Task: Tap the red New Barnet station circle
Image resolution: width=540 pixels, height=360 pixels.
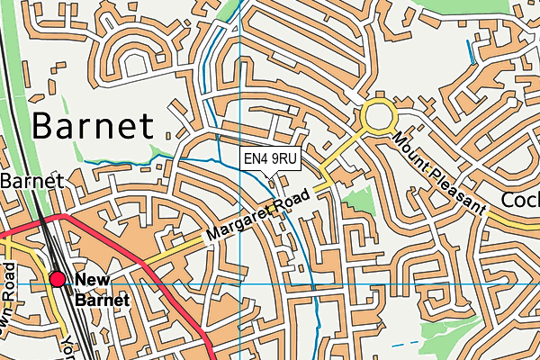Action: click(58, 280)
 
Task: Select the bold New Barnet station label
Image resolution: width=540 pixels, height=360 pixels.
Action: click(101, 289)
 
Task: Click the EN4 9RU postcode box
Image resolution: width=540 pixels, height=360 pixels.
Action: click(271, 159)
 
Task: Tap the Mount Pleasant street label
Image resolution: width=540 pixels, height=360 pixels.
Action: click(437, 172)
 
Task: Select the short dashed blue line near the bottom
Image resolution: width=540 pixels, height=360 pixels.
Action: click(406, 343)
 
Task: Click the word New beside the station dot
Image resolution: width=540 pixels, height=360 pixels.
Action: click(91, 280)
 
